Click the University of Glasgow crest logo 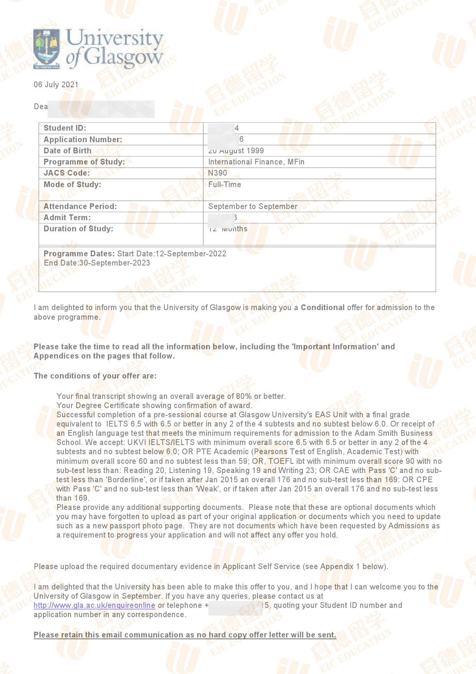47,48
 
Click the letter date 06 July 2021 56,85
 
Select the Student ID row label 65,128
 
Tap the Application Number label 83,139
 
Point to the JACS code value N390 218,173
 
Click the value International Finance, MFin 256,162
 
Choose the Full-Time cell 225,184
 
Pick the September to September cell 253,206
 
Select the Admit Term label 67,217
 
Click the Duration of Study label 78,229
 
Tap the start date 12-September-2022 191,254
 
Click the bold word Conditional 322,307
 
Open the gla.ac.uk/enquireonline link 94,605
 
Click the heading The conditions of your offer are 95,376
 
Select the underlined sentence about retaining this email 185,635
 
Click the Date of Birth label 68,151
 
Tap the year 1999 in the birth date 255,151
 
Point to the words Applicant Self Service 261,566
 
